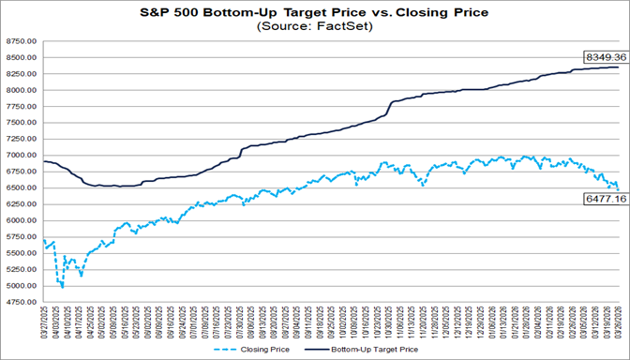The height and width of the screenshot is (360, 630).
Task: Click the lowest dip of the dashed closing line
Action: click(x=63, y=286)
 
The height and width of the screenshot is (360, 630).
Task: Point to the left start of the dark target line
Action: click(x=45, y=161)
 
